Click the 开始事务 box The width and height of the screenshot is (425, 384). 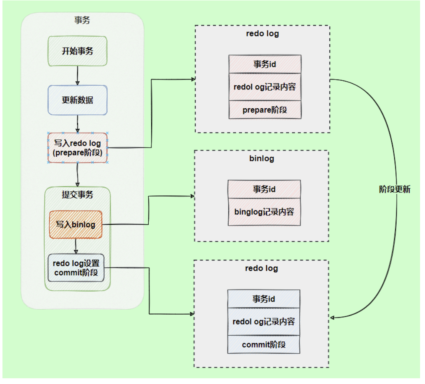pos(77,51)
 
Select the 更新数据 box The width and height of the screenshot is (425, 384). pos(78,100)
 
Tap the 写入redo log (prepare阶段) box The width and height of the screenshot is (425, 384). pos(78,148)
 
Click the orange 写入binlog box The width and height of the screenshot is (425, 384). pos(76,224)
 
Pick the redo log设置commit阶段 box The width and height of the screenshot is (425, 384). pos(76,267)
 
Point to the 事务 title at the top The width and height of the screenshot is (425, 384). pos(82,20)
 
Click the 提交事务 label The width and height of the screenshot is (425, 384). pos(77,194)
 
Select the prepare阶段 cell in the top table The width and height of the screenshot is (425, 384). pos(265,110)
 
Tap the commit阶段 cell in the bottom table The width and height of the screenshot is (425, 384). pos(264,345)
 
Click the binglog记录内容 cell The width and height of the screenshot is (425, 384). pos(264,212)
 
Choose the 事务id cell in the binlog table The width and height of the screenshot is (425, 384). pos(264,189)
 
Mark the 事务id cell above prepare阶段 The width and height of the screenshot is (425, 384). pos(265,64)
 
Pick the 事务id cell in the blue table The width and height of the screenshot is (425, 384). pos(264,299)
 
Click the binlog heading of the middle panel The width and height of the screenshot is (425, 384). pos(262,158)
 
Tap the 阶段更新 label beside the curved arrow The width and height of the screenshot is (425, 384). pos(394,190)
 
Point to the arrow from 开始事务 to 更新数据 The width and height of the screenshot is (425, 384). pos(77,75)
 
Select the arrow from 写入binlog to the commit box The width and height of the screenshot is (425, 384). pos(76,246)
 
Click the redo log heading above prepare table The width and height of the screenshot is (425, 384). pos(262,34)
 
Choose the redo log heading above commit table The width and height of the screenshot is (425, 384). pos(262,268)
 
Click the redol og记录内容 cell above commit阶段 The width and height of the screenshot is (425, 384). pos(264,322)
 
